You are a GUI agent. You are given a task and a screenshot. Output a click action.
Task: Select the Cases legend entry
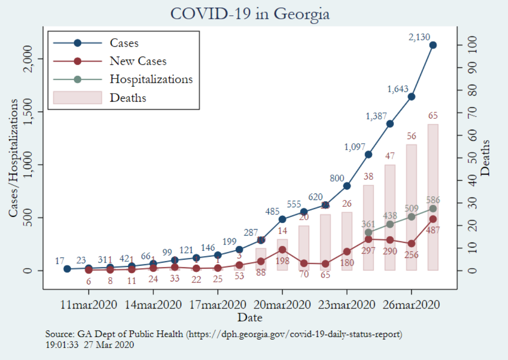[124, 42]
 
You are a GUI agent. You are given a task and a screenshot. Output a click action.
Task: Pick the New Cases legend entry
[138, 61]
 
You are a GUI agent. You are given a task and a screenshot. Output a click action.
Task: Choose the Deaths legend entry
[128, 98]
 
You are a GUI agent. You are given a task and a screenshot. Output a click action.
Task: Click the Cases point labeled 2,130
[433, 45]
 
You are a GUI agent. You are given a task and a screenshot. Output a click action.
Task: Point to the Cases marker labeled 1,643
[411, 97]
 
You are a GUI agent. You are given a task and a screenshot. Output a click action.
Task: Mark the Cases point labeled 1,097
[368, 154]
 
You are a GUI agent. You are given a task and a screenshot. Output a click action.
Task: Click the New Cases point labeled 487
[433, 219]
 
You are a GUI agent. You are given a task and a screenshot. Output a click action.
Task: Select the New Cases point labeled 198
[282, 249]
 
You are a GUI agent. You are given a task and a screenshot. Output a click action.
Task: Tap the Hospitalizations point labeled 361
[368, 233]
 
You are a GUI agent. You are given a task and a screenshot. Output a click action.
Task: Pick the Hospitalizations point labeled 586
[433, 209]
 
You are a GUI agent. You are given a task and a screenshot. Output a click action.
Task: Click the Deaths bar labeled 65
[433, 197]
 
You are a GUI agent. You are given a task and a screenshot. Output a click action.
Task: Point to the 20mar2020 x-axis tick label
[282, 305]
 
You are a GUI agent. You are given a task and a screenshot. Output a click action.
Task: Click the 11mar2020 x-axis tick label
[89, 305]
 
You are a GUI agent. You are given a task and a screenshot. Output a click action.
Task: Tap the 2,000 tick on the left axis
[33, 59]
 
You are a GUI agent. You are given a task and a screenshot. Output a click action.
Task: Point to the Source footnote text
[224, 333]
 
